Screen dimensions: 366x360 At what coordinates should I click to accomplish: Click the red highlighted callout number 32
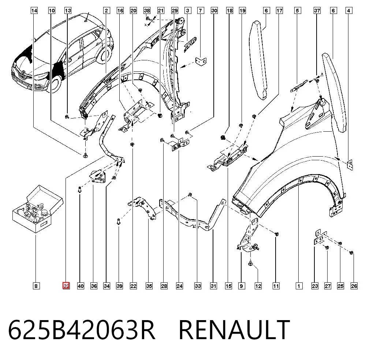(x=66, y=286)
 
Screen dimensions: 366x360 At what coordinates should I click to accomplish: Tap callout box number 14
(x=34, y=11)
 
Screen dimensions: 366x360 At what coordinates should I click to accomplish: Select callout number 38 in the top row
(x=147, y=11)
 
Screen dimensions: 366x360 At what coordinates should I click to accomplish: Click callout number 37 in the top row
(x=317, y=11)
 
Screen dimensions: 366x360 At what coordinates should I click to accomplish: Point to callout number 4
(x=348, y=11)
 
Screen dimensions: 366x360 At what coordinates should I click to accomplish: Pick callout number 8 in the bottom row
(x=36, y=286)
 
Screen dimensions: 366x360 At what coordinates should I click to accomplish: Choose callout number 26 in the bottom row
(x=354, y=286)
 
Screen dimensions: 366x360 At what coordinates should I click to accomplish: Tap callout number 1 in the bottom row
(x=299, y=286)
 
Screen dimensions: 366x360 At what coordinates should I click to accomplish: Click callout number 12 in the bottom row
(x=258, y=286)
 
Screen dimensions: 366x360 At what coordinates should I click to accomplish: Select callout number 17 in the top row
(x=279, y=11)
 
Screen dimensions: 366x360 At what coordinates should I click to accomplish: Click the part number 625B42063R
(x=82, y=330)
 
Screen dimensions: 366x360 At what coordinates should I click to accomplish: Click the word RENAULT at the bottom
(x=234, y=330)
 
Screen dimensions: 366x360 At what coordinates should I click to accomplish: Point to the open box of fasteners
(x=37, y=209)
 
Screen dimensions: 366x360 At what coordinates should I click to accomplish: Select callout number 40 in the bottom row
(x=81, y=286)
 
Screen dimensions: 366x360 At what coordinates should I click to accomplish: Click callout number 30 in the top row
(x=214, y=11)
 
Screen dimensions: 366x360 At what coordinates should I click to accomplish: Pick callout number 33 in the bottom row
(x=198, y=286)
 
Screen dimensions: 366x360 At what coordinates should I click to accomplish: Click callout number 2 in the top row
(x=107, y=11)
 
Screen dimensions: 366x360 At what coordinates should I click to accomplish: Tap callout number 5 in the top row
(x=297, y=11)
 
